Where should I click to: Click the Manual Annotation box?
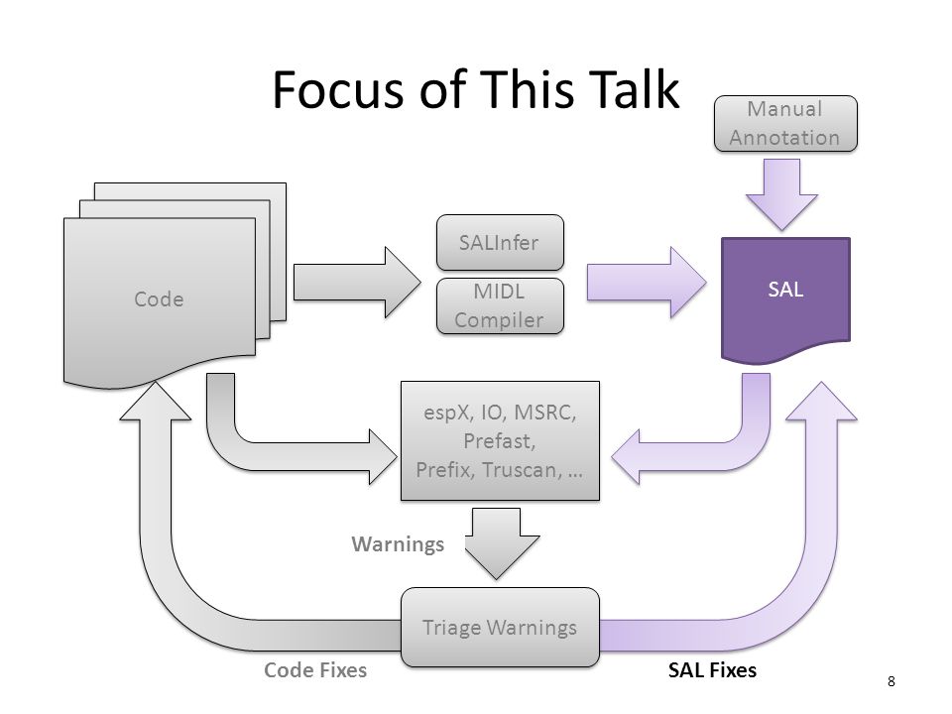point(785,123)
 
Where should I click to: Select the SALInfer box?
point(500,242)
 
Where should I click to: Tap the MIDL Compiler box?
point(500,306)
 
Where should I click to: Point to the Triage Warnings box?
point(500,627)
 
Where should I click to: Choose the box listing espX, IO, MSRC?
point(500,440)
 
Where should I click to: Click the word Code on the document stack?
point(159,299)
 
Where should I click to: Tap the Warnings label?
point(398,544)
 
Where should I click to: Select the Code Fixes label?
point(315,669)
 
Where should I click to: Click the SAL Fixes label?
point(712,669)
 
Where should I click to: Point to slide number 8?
point(891,681)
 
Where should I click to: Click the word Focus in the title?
point(339,89)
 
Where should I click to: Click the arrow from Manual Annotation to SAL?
point(782,194)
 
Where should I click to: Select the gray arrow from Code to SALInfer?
point(357,283)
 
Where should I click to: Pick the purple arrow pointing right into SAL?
point(647,283)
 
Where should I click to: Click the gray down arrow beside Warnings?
point(502,543)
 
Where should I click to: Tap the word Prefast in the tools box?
point(500,440)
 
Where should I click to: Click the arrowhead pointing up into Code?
point(156,401)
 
